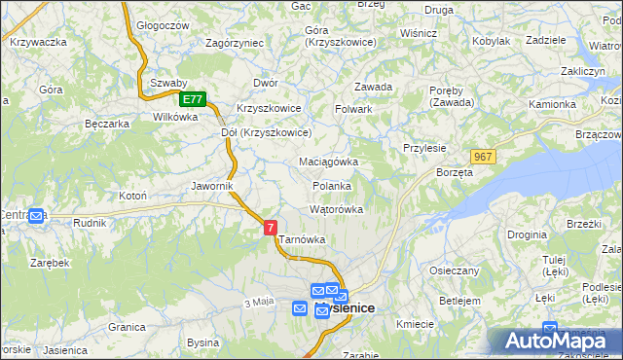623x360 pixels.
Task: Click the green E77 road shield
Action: coord(193,99)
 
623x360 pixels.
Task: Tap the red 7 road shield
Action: coord(271,227)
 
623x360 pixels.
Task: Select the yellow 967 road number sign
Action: coord(484,157)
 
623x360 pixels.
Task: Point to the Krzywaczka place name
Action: coord(38,42)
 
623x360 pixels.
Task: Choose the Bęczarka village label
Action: coord(107,125)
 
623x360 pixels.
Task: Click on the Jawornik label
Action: coord(212,185)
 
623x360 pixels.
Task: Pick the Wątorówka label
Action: coord(336,209)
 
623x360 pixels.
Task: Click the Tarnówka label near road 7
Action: coord(302,239)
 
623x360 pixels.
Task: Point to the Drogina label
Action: coord(526,234)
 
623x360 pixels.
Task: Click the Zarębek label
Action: coord(49,263)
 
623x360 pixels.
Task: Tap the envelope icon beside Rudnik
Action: coord(37,216)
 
